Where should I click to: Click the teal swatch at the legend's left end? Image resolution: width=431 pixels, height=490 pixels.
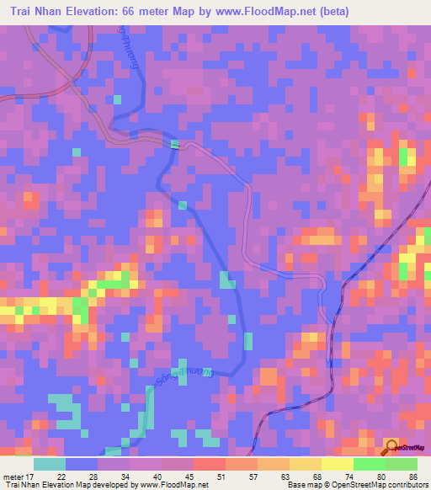tap(50, 464)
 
